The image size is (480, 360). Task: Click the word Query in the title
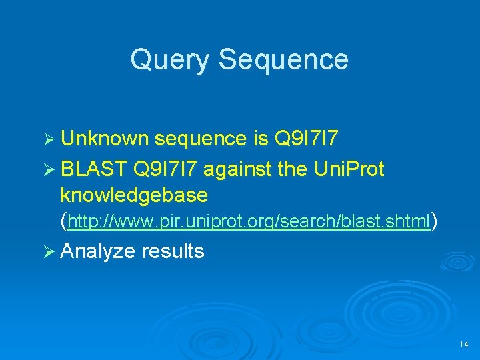click(170, 59)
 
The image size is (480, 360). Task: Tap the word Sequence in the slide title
click(283, 59)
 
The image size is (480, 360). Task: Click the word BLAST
click(93, 170)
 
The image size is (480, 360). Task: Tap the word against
click(238, 170)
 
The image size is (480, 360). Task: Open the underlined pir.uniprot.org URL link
click(249, 221)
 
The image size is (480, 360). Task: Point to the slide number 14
click(464, 345)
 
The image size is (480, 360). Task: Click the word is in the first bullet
click(260, 139)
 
